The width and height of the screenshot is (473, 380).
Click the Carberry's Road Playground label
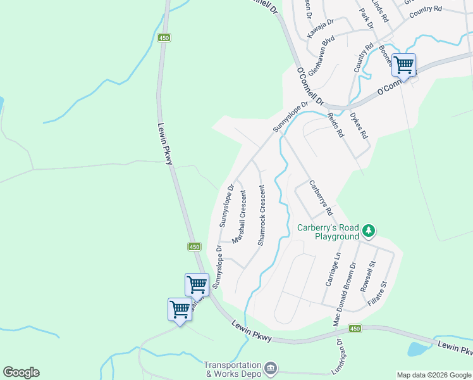point(328,232)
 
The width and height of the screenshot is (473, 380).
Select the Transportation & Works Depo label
point(232,369)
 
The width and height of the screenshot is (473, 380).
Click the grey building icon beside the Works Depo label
point(270,368)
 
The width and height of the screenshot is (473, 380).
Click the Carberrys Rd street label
point(321,197)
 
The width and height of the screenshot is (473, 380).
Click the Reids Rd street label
point(335,125)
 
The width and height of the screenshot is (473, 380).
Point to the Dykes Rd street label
point(359,125)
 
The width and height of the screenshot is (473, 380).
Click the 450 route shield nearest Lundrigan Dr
point(355,328)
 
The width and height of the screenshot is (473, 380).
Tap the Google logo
point(21,372)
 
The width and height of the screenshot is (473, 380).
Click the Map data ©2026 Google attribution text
point(433,375)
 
